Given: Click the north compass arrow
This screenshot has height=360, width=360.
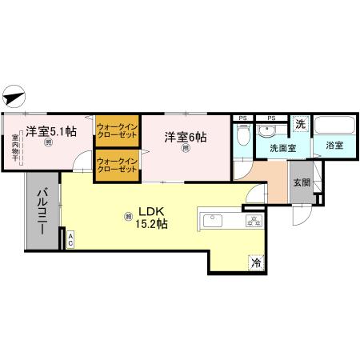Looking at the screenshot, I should pos(14,97).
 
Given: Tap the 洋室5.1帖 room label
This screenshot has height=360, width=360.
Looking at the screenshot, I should pos(50,131).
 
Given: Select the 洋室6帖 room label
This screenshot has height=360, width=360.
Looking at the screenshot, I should pos(186,137).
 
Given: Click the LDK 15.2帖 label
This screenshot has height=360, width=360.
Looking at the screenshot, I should pos(151,218).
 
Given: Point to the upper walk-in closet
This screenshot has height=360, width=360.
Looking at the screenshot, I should pos(118,132).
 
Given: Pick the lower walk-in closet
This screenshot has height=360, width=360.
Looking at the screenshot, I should pos(118,166).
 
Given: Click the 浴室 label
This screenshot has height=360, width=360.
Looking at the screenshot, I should pos(334,146).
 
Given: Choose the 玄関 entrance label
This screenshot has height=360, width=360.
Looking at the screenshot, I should pos(301,183).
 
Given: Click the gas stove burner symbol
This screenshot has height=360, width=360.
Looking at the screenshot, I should pos(254,222).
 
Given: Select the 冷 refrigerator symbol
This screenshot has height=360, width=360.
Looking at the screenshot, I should pos(255,261).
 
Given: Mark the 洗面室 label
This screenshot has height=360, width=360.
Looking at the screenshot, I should pos(282,147).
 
